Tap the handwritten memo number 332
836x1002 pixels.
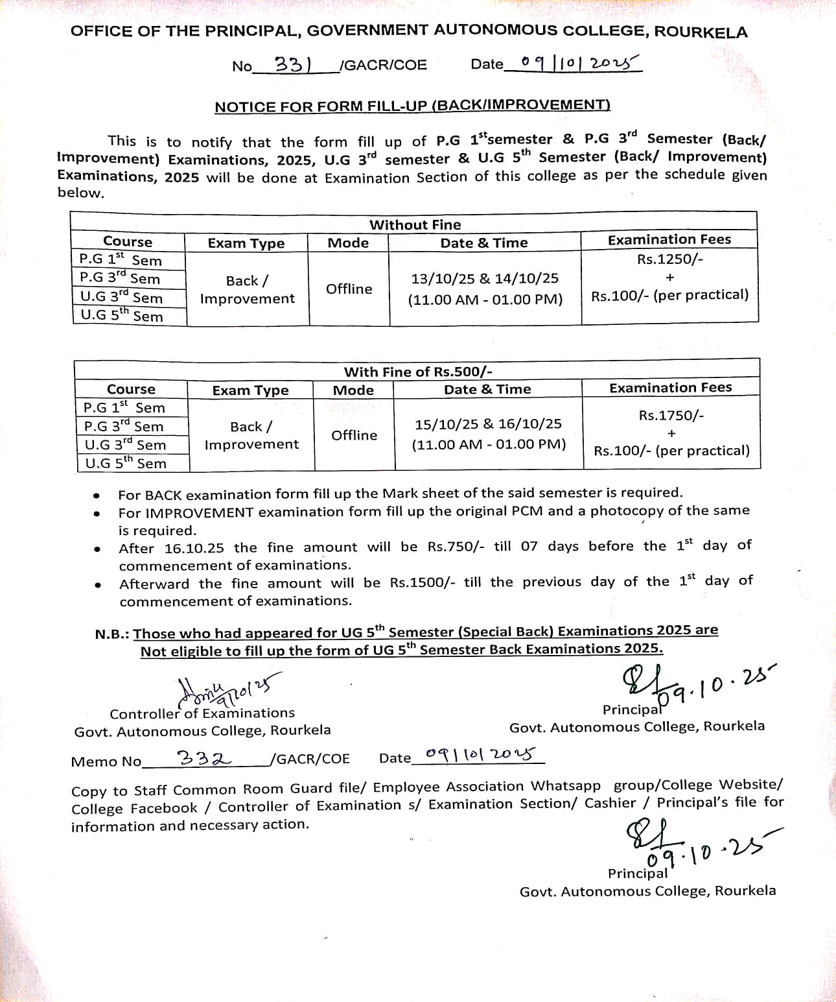[x=204, y=757]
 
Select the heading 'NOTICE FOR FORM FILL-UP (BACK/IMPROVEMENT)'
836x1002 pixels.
[x=412, y=106]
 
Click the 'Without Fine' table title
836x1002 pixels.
[x=415, y=225]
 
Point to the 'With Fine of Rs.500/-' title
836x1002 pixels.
[x=418, y=372]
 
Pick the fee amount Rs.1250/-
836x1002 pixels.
[x=670, y=259]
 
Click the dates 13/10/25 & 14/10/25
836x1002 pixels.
[x=485, y=278]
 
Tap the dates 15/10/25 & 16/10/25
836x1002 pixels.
[x=488, y=424]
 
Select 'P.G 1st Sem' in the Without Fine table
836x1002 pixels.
[x=121, y=259]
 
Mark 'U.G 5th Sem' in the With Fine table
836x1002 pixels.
[x=125, y=463]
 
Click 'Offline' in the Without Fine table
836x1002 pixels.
[x=349, y=289]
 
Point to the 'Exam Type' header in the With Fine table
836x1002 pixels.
[x=250, y=390]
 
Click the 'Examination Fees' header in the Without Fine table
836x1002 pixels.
[x=669, y=240]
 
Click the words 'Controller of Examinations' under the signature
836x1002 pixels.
[x=202, y=713]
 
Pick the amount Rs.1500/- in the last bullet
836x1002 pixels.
[x=423, y=582]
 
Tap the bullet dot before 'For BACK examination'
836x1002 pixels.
[x=97, y=495]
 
